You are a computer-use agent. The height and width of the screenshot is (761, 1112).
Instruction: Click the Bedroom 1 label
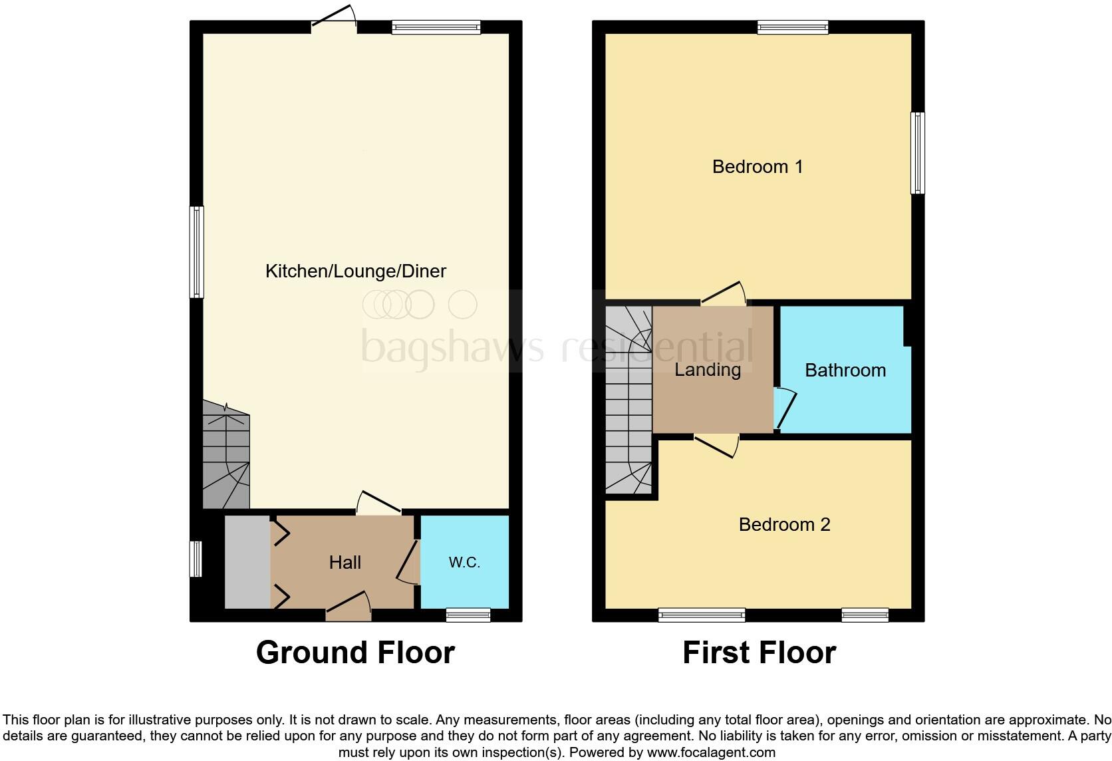[758, 166]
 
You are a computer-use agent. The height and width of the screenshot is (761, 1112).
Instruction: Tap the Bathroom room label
[845, 371]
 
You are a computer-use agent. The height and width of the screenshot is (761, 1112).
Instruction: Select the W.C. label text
[464, 563]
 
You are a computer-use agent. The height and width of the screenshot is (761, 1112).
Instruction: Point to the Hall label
[345, 563]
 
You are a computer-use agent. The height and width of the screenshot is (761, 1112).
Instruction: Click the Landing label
[708, 370]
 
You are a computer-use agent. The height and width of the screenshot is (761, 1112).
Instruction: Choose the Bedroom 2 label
[784, 525]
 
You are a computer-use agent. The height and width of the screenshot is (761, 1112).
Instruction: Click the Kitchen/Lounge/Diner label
[355, 271]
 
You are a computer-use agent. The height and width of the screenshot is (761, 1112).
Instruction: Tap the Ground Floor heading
[355, 653]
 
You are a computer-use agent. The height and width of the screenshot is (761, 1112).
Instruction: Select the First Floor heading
[759, 653]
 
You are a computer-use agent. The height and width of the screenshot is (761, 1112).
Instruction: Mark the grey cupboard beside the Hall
[247, 562]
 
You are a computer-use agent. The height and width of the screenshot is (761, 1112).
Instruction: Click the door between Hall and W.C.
[408, 563]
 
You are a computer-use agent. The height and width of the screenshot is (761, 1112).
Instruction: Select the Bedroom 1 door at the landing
[724, 294]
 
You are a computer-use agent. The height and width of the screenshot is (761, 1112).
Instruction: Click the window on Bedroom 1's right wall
[917, 153]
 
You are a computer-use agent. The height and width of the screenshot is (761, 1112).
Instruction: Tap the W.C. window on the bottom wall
[468, 615]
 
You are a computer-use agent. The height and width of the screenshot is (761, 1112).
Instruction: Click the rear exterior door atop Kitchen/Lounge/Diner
[334, 19]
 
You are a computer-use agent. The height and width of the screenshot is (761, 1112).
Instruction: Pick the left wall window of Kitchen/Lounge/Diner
[197, 252]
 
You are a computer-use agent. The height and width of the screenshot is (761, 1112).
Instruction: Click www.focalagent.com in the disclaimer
[711, 753]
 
